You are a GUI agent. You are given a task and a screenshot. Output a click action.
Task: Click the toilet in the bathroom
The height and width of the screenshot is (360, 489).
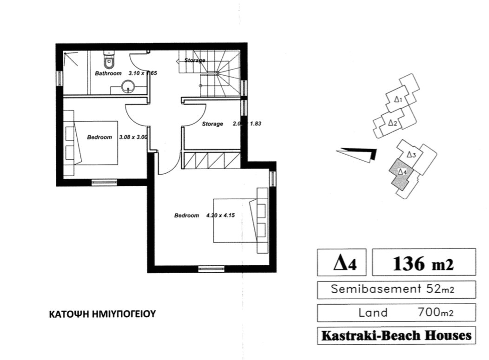[x=109, y=59]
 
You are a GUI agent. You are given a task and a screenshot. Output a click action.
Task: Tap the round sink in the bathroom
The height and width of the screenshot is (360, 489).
[x=128, y=86]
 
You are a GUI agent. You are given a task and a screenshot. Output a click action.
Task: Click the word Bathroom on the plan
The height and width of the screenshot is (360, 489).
[x=108, y=73]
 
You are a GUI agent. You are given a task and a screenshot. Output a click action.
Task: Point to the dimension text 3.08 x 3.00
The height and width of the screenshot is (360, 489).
[x=133, y=137]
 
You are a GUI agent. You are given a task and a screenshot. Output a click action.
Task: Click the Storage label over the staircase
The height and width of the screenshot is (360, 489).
[x=195, y=60]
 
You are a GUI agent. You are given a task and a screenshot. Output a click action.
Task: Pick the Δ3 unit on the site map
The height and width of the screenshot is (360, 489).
[x=411, y=155]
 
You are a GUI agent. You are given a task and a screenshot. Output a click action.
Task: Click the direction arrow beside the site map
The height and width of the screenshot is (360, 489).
[x=357, y=154]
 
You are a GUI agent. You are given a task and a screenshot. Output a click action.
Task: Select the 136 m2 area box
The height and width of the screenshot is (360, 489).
[x=423, y=263]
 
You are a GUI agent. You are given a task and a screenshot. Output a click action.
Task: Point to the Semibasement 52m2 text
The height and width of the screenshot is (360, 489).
[x=396, y=289]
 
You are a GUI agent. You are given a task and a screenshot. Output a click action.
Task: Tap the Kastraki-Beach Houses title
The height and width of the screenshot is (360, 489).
[x=396, y=335]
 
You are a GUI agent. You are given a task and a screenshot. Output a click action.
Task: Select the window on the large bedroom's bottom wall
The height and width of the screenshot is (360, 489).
[x=211, y=268]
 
